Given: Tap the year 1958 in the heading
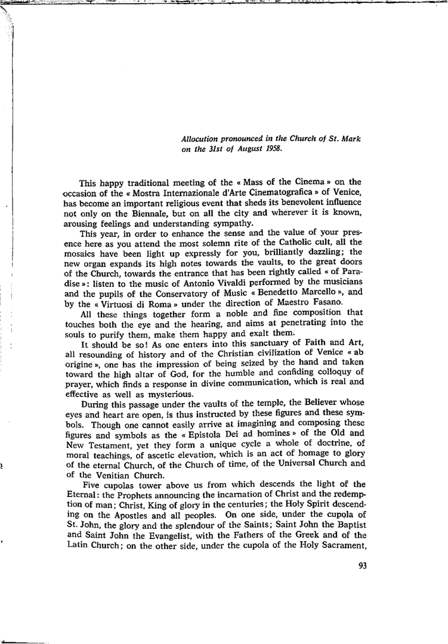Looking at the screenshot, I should pos(273,149).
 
